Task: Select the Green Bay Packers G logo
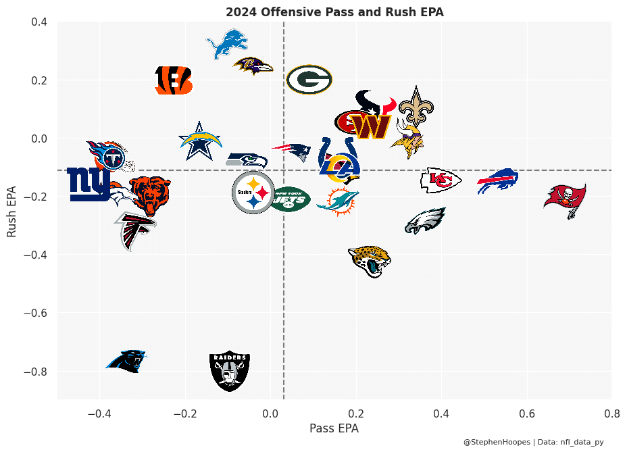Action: [309, 80]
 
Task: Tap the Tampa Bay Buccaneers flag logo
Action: [566, 199]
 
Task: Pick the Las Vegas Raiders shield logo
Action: [230, 371]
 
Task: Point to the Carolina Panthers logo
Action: [127, 361]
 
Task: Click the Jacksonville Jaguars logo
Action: [369, 261]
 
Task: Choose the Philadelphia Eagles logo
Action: [426, 221]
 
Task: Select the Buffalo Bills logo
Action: [497, 180]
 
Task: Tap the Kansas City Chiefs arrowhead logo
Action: [441, 180]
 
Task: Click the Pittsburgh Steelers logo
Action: [253, 193]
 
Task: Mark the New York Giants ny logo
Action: [89, 184]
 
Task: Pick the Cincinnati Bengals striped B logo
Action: [174, 80]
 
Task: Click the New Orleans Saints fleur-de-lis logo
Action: [416, 106]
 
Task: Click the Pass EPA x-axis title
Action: [334, 428]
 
